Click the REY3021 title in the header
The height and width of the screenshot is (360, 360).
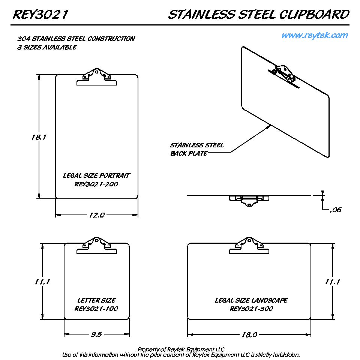[x=40, y=15]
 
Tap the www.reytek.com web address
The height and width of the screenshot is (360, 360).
[x=315, y=35]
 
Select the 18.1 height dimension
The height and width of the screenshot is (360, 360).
[x=39, y=137]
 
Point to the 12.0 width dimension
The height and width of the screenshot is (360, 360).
[x=97, y=215]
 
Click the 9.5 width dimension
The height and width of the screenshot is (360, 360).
[x=96, y=334]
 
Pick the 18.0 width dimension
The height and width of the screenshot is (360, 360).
[x=249, y=334]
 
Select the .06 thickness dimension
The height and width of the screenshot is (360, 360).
[x=336, y=210]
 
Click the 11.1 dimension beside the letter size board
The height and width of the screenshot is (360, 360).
[x=42, y=282]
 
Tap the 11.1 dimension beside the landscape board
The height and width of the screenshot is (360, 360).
[x=332, y=282]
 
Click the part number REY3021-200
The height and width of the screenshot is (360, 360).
[x=96, y=184]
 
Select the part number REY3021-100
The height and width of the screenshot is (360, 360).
[x=96, y=309]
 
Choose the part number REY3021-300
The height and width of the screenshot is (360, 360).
[x=251, y=309]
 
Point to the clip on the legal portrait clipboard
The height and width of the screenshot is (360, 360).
[x=97, y=77]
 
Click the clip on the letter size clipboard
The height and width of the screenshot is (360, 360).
[x=97, y=246]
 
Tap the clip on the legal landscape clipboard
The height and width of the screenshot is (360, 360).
[x=249, y=246]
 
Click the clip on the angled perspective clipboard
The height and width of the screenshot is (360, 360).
[x=284, y=76]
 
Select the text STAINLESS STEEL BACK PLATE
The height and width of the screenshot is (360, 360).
[x=197, y=149]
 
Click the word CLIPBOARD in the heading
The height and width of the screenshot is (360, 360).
[x=314, y=15]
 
